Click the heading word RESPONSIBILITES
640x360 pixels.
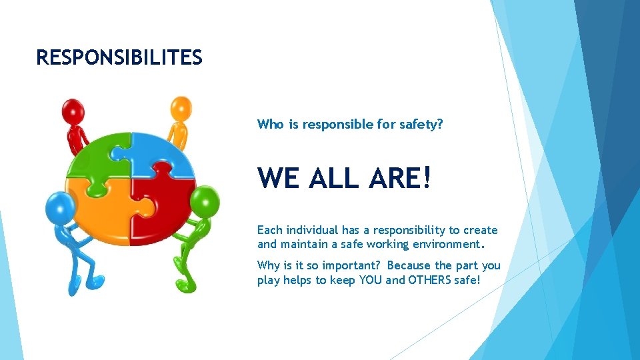119,58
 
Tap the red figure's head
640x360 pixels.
71,110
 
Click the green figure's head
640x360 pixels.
204,199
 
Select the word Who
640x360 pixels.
270,124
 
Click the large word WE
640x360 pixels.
279,177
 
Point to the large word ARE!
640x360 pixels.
401,177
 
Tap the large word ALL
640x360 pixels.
334,177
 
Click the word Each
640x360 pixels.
269,230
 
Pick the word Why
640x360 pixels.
269,265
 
